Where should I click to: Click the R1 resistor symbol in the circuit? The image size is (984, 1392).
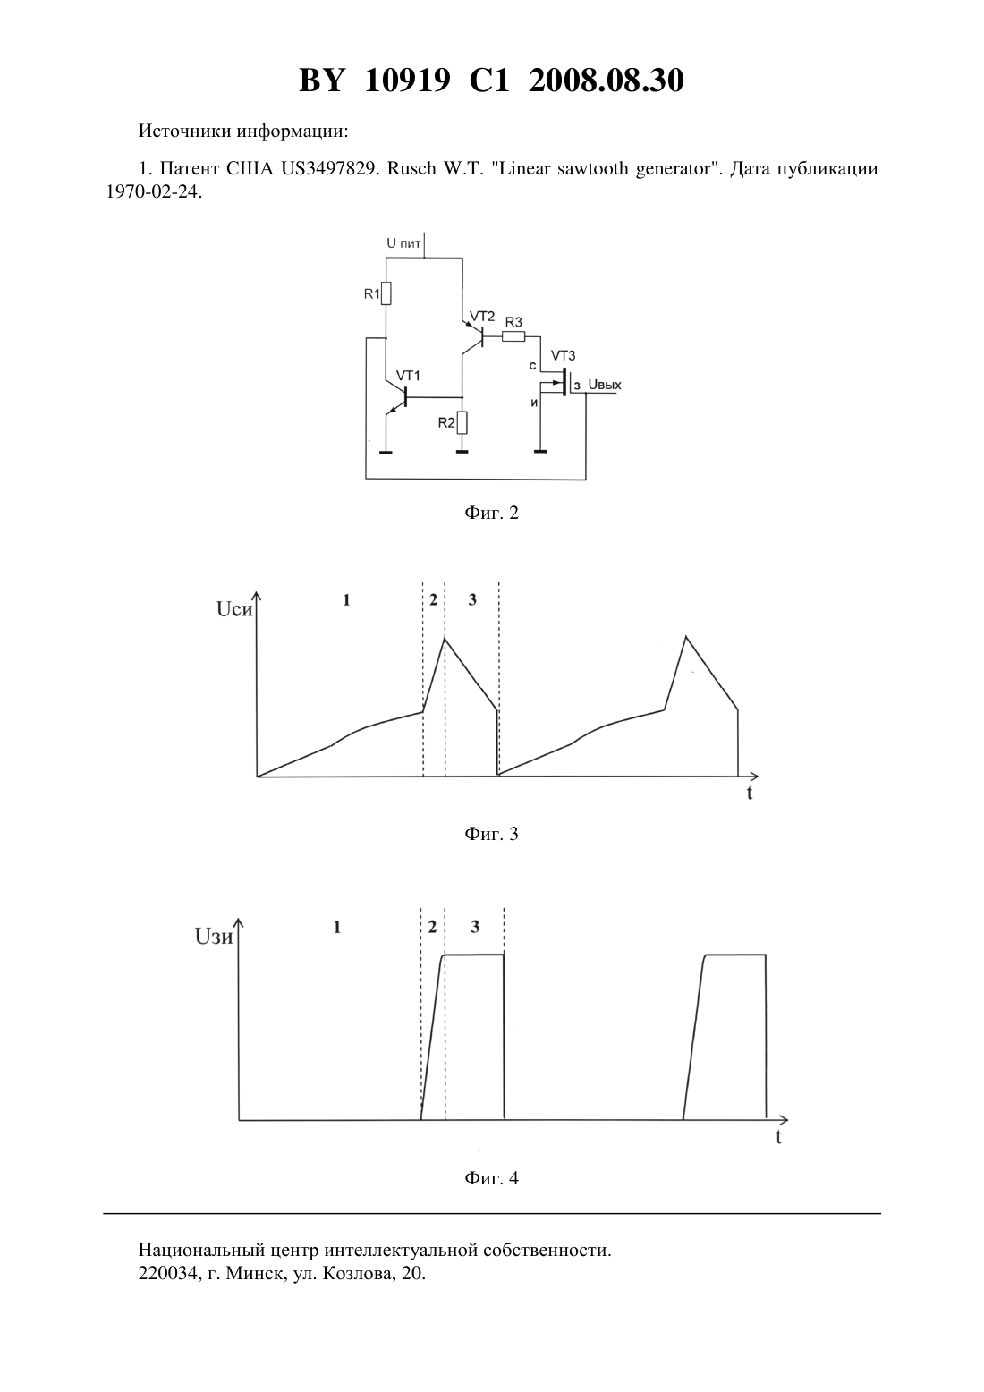(x=386, y=293)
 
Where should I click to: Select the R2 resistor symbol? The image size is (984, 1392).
(x=462, y=422)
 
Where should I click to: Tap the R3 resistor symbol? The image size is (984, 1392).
(x=513, y=336)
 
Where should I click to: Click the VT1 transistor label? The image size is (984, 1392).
(x=408, y=376)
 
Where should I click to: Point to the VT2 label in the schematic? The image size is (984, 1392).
(x=482, y=317)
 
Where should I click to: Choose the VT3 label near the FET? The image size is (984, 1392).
(x=563, y=355)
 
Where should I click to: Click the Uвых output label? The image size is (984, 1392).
(x=605, y=385)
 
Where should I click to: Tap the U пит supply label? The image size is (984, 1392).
(x=403, y=243)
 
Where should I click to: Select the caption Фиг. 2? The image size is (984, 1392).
(x=491, y=513)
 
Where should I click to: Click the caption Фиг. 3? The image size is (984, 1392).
(x=491, y=834)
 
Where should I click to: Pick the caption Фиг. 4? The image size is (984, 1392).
(x=491, y=1178)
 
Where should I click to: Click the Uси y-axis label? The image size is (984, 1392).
(x=234, y=609)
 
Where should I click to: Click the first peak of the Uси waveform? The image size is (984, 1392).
(x=445, y=638)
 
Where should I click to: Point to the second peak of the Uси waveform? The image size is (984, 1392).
(x=685, y=636)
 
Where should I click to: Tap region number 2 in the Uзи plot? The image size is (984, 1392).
(x=432, y=927)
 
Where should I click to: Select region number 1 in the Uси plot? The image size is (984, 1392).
(x=347, y=599)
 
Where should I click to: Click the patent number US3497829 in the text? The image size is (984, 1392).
(x=329, y=168)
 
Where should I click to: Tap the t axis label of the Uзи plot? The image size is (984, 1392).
(x=778, y=1137)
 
